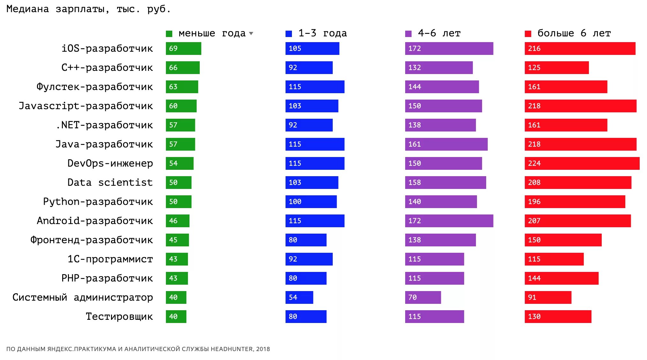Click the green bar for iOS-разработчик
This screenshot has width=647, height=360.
pos(183,49)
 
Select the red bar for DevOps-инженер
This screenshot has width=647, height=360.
pos(582,163)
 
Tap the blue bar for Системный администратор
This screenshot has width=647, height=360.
pos(299,297)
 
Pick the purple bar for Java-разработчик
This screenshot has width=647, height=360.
pos(446,144)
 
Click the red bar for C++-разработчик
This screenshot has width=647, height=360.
pos(557,68)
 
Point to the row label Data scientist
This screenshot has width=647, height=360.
pos(110,183)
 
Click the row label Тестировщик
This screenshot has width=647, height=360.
pos(119,317)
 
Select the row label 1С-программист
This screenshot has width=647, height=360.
pos(110,259)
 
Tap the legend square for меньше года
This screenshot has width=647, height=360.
pos(169,34)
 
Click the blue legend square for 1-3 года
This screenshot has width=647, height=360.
pos(289,34)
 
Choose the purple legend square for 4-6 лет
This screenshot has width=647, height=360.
pos(408,34)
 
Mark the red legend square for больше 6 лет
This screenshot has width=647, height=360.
pos(528,34)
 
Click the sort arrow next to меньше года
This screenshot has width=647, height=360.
pos(251,34)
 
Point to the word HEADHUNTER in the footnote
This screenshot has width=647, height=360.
pos(232,349)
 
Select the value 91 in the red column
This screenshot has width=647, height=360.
pos(532,297)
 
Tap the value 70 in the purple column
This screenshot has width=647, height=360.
pos(413,297)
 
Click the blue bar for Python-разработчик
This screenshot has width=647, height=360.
pos(311,202)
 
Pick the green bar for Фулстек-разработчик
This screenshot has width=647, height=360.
pos(182,87)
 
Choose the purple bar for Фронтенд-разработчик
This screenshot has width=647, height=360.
pos(440,240)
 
